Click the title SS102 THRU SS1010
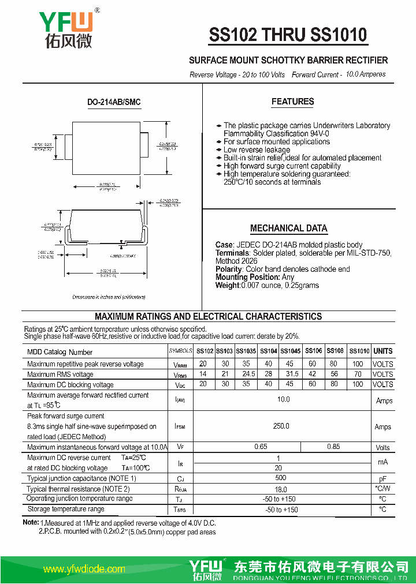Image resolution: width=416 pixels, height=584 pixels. click(288, 35)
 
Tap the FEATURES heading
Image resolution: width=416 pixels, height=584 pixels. click(292, 102)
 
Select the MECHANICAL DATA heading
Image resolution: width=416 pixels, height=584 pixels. click(288, 228)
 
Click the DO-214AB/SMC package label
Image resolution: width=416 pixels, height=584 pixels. click(114, 102)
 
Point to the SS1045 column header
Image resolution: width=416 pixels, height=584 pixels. click(290, 351)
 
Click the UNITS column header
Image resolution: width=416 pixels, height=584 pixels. click(382, 351)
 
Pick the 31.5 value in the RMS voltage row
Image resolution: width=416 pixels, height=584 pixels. click(289, 374)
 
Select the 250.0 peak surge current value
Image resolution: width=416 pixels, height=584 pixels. click(281, 426)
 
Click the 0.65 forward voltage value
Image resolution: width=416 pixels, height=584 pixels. click(261, 447)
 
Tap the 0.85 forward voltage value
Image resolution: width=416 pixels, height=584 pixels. click(333, 447)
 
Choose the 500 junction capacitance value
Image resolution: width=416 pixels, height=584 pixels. click(281, 478)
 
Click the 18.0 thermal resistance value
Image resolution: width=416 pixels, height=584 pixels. click(281, 489)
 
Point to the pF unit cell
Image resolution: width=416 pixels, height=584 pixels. click(382, 479)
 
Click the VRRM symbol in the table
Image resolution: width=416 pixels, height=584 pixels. click(180, 365)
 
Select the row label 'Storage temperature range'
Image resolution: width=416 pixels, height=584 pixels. click(66, 509)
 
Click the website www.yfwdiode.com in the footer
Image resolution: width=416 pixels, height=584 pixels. click(84, 569)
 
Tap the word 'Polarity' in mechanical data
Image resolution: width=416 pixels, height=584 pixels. click(229, 269)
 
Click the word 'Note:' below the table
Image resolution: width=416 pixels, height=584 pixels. click(31, 522)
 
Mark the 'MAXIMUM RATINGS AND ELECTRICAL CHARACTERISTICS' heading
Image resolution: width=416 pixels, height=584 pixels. click(208, 316)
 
